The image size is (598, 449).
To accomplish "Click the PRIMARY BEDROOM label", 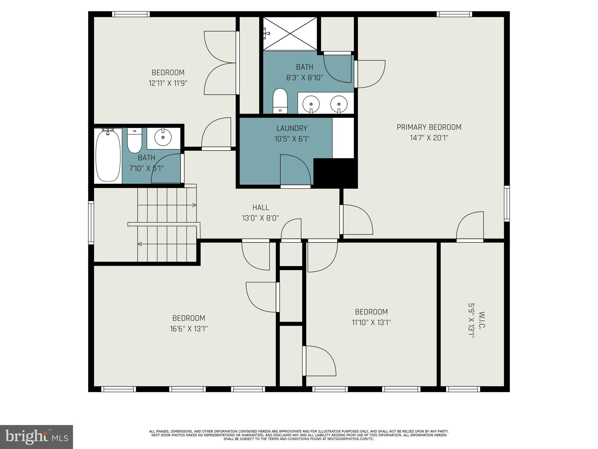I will point(429,127).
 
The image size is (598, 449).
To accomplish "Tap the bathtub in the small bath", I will point(108,156).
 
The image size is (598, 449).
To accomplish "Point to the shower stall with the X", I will point(290,34).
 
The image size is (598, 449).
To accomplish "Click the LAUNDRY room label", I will point(292,128).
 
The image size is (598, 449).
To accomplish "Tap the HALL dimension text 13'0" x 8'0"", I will point(260,218).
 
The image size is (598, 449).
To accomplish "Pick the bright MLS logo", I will point(36,437).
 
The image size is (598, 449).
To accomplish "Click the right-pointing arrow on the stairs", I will point(194,205).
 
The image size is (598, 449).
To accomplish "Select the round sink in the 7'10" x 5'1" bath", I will point(163,137).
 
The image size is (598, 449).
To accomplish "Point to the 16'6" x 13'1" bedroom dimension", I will point(189,329).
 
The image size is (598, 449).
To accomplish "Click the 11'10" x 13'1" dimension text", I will point(371,322).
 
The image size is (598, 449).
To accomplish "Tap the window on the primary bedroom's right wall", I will point(507,203).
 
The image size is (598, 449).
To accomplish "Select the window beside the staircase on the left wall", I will point(91,223).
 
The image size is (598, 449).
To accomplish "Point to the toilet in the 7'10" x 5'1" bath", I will point(135,141).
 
